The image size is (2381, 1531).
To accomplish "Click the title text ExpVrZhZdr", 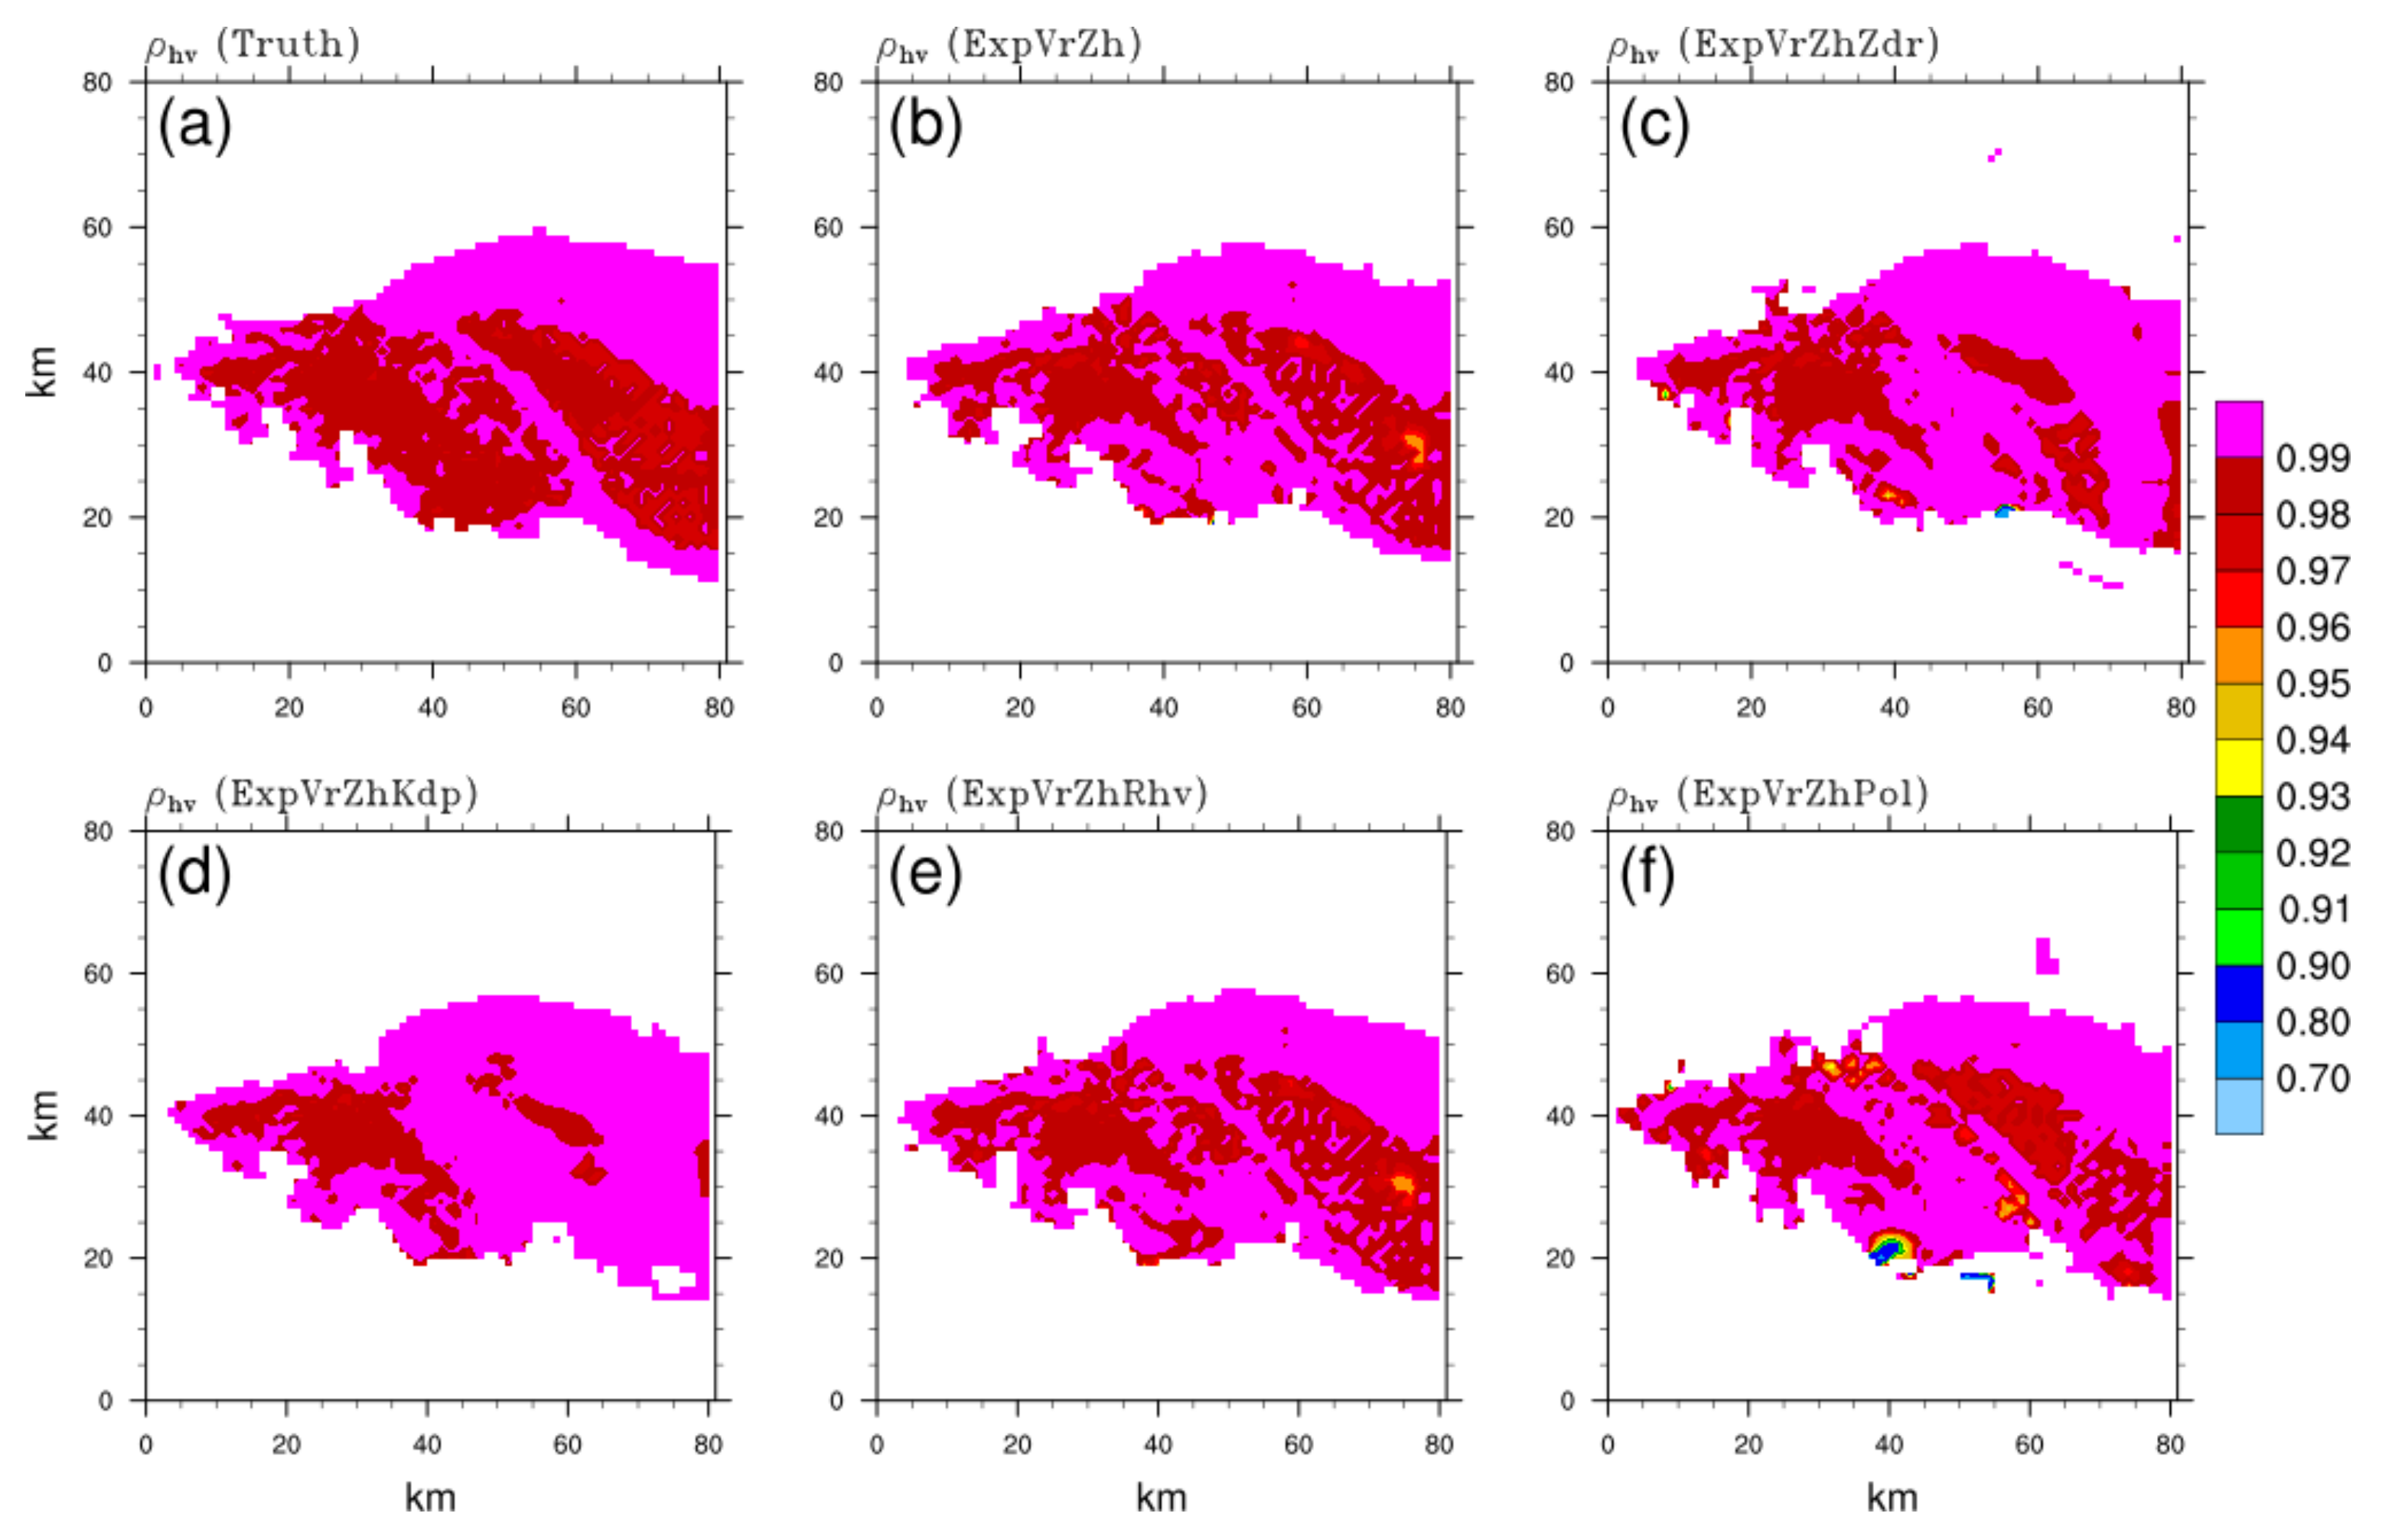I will point(1808,45).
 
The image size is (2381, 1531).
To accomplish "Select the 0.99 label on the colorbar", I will point(2312,459).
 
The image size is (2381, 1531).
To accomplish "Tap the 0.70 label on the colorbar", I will point(2312,1079).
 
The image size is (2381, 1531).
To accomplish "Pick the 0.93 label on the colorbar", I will point(2312,797).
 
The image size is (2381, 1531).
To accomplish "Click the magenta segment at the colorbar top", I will point(2238,428).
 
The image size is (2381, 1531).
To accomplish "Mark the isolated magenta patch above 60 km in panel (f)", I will point(2045,956).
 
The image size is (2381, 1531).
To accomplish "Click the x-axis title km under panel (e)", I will point(1160,1497).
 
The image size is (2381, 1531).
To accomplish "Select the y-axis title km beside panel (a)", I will point(42,372).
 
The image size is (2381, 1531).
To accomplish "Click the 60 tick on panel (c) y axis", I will point(1559,227).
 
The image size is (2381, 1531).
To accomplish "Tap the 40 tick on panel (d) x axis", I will point(426,1444).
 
